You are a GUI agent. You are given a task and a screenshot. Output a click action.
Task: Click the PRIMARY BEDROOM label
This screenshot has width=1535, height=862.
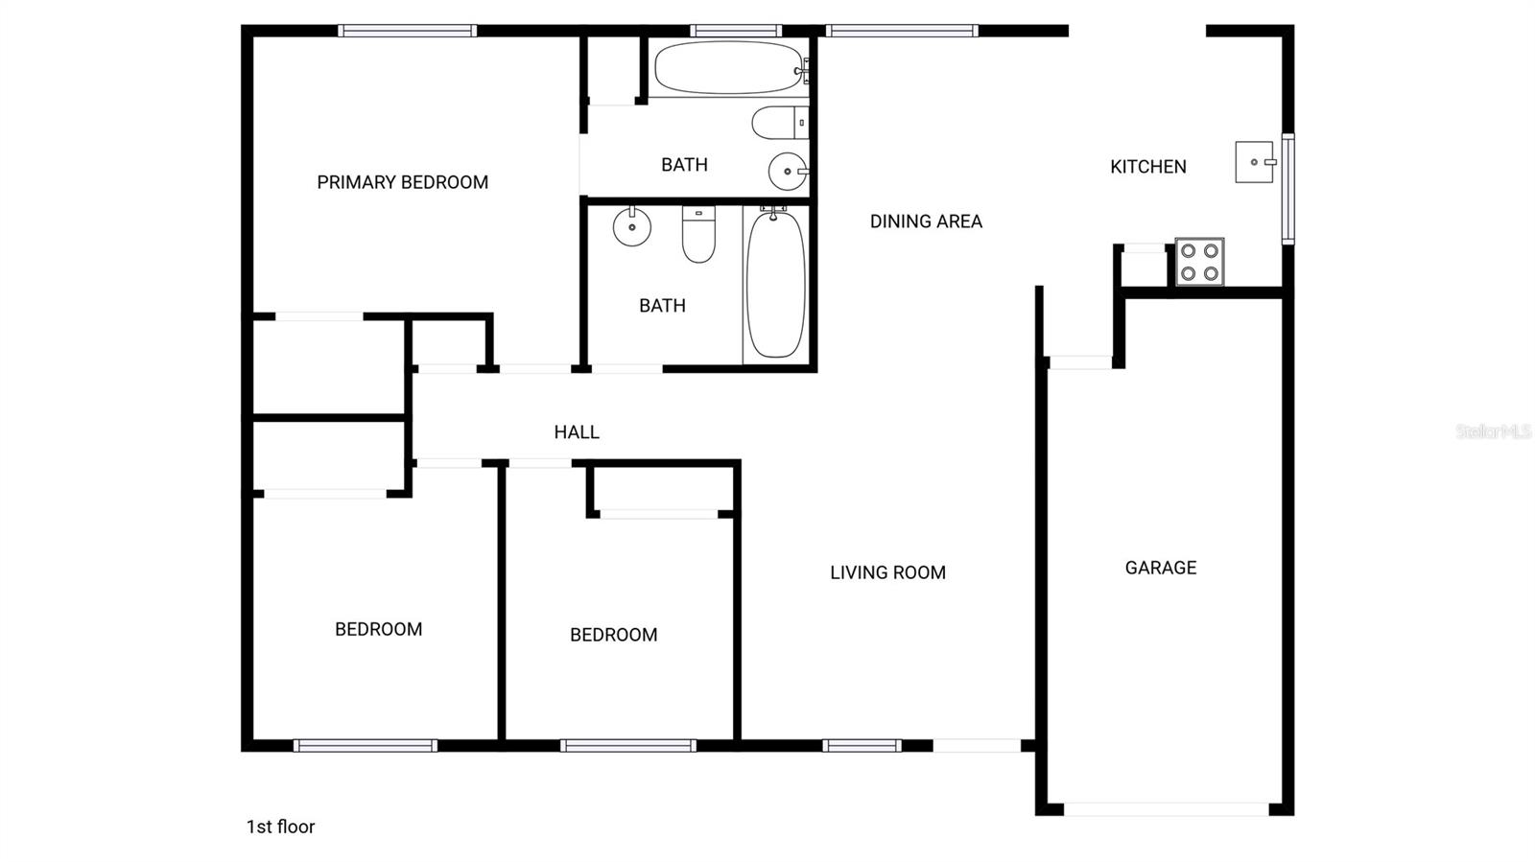(x=402, y=182)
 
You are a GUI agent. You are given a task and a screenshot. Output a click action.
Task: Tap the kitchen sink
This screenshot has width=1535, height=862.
(x=1254, y=162)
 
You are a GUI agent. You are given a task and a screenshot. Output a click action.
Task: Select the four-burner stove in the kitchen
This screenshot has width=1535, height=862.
(x=1199, y=262)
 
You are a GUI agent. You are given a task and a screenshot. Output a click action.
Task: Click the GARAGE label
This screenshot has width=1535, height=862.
(x=1160, y=568)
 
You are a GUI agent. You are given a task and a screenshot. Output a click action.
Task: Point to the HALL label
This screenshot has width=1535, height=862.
(x=577, y=432)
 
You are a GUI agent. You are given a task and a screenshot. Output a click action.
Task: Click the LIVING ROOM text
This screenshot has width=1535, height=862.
(x=887, y=572)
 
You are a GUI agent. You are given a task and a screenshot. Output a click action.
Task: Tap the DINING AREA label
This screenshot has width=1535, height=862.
(x=926, y=221)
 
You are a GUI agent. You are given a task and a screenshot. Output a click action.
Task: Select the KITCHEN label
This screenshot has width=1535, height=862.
(x=1147, y=167)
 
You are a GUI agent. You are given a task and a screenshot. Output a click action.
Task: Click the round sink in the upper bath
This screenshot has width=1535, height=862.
(x=788, y=172)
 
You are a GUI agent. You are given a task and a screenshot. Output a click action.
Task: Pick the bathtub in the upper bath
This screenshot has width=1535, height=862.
(x=729, y=67)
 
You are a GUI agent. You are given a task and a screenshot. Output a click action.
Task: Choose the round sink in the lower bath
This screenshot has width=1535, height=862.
(x=631, y=227)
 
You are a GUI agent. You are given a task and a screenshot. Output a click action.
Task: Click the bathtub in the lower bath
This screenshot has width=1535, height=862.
(x=775, y=285)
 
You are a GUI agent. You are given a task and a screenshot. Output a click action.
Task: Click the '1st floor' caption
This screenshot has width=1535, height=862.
(x=280, y=827)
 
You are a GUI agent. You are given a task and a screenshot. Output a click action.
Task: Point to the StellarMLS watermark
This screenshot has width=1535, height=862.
(x=1493, y=431)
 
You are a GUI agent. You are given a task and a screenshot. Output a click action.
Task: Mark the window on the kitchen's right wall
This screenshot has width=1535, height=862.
(x=1287, y=188)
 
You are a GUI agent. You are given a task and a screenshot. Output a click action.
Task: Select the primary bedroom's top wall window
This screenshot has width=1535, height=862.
(x=408, y=31)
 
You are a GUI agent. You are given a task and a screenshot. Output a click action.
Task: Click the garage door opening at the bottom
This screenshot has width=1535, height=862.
(x=1166, y=809)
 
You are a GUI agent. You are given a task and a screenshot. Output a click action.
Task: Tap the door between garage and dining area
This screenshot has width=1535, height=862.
(x=1079, y=362)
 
